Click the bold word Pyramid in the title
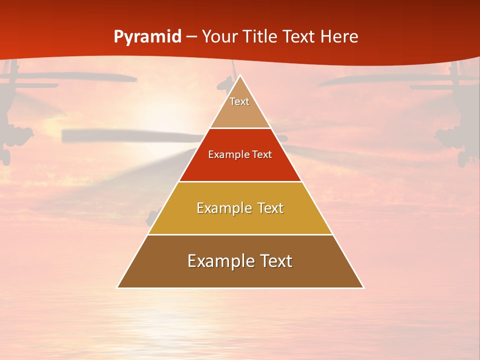pyautogui.click(x=147, y=36)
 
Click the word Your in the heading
pyautogui.click(x=220, y=36)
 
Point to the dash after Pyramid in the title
pyautogui.click(x=191, y=37)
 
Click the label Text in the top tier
pyautogui.click(x=239, y=101)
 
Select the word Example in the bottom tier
pyautogui.click(x=218, y=261)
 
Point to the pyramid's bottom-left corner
pyautogui.click(x=117, y=287)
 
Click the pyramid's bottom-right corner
pyautogui.click(x=363, y=287)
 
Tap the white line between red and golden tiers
pyautogui.click(x=240, y=181)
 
